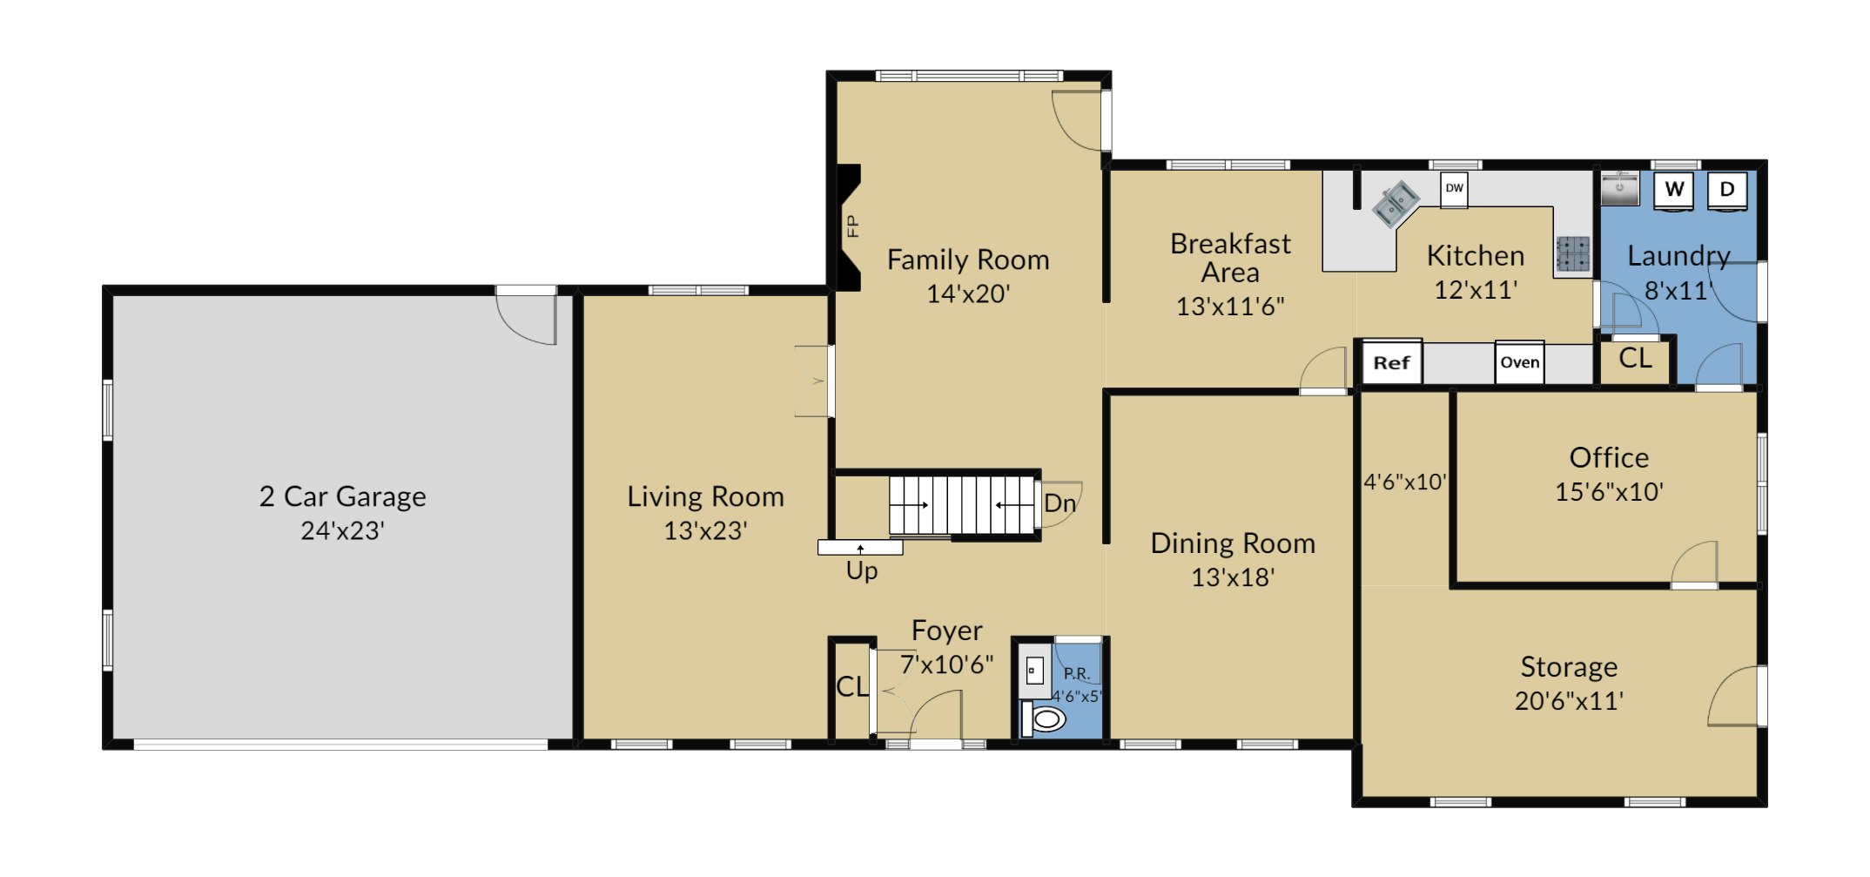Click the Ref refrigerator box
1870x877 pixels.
pyautogui.click(x=1391, y=362)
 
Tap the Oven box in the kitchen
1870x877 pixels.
pyautogui.click(x=1519, y=362)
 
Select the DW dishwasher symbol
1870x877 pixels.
pyautogui.click(x=1454, y=188)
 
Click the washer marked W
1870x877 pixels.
pyautogui.click(x=1673, y=190)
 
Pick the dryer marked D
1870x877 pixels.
pyautogui.click(x=1727, y=190)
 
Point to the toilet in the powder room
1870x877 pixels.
pyautogui.click(x=1044, y=719)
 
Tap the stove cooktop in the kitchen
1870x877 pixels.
pyautogui.click(x=1573, y=254)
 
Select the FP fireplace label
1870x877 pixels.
pyautogui.click(x=852, y=226)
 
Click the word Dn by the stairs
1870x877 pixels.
pyautogui.click(x=1059, y=503)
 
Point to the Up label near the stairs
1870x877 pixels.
pyautogui.click(x=862, y=570)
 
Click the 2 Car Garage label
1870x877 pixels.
pyautogui.click(x=343, y=496)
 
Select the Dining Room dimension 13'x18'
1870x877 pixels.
pyautogui.click(x=1233, y=577)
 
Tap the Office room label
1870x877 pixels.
pyautogui.click(x=1609, y=457)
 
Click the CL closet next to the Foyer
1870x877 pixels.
pyautogui.click(x=852, y=687)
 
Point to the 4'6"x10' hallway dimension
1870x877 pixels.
pyautogui.click(x=1405, y=482)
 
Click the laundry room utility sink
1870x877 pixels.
pyautogui.click(x=1619, y=188)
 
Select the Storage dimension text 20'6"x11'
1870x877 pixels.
pyautogui.click(x=1569, y=700)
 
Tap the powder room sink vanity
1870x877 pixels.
pyautogui.click(x=1035, y=671)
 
